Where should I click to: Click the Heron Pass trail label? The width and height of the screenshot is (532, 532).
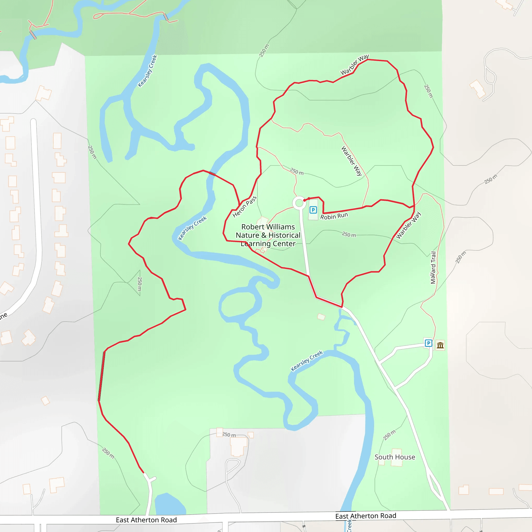pyautogui.click(x=244, y=207)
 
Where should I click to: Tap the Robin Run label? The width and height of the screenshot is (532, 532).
pyautogui.click(x=334, y=216)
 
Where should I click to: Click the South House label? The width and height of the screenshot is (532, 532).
pyautogui.click(x=395, y=457)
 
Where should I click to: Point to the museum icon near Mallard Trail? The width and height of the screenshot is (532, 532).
pyautogui.click(x=440, y=345)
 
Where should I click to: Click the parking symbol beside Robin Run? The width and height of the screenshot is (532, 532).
pyautogui.click(x=313, y=210)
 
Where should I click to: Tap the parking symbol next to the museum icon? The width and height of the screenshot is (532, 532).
pyautogui.click(x=428, y=343)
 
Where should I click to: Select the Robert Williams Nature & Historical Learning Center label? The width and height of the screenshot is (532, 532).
pyautogui.click(x=268, y=235)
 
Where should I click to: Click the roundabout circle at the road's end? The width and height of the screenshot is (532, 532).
pyautogui.click(x=299, y=203)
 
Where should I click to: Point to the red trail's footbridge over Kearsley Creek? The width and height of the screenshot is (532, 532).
pyautogui.click(x=212, y=174)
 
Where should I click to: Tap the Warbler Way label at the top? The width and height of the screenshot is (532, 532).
pyautogui.click(x=354, y=65)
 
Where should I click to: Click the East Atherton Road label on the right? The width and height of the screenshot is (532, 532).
pyautogui.click(x=366, y=516)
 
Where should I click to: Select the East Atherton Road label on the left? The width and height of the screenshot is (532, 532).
pyautogui.click(x=146, y=520)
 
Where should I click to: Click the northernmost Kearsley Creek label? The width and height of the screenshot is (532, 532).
pyautogui.click(x=147, y=71)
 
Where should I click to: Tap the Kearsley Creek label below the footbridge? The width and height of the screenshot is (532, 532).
pyautogui.click(x=192, y=228)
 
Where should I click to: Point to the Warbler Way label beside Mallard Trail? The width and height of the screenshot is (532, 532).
pyautogui.click(x=408, y=225)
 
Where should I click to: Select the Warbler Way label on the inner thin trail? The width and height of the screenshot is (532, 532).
pyautogui.click(x=352, y=161)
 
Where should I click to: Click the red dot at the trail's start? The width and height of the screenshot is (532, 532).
pyautogui.click(x=304, y=201)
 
